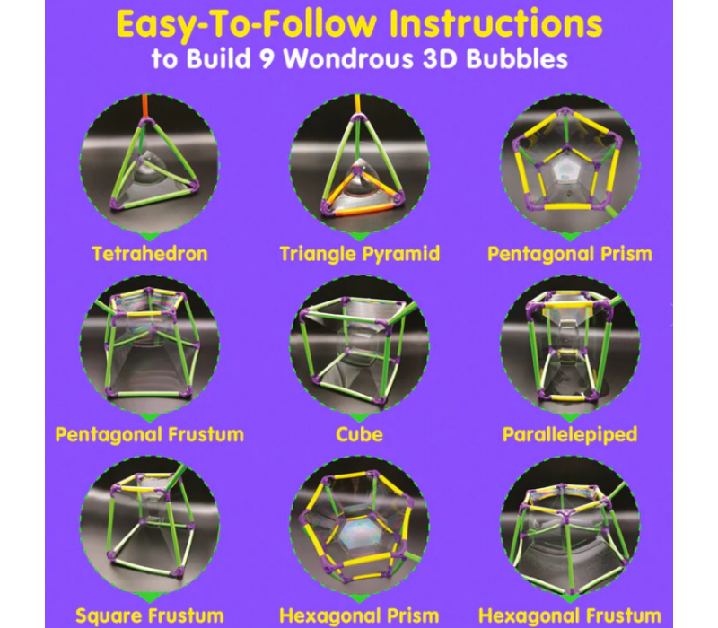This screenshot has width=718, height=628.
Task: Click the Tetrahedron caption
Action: click(150, 254)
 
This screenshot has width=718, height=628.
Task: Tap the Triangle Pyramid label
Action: click(359, 254)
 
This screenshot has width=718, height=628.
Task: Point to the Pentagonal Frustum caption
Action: click(149, 435)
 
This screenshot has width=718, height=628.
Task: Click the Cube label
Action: click(359, 435)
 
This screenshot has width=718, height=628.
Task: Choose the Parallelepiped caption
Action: click(570, 435)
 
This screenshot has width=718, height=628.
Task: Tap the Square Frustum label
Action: click(149, 615)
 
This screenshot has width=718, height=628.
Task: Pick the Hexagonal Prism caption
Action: click(359, 615)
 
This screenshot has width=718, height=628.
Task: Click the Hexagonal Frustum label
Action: click(570, 615)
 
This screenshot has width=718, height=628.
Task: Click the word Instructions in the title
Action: click(503, 24)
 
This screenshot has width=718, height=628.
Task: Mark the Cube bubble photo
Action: click(359, 345)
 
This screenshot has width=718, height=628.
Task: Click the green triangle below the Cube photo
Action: click(359, 416)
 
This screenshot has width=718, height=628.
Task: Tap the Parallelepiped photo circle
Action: click(570, 345)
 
